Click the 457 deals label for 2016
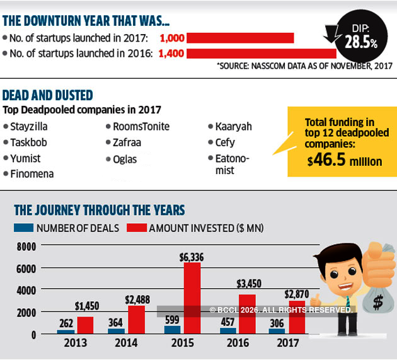pos(227,320)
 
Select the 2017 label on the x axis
pos(288,344)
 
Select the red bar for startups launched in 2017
pos(240,38)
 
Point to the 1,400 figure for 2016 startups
pos(171,54)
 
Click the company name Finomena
pos(32,173)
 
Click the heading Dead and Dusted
pos(48,95)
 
